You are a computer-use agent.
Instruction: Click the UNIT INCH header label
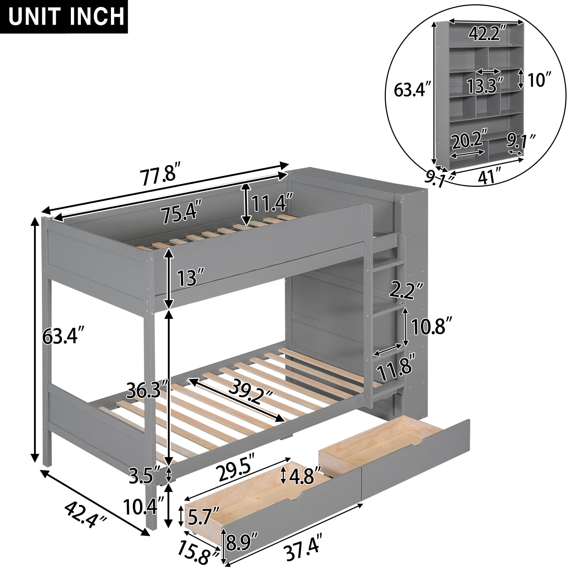click(63, 17)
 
